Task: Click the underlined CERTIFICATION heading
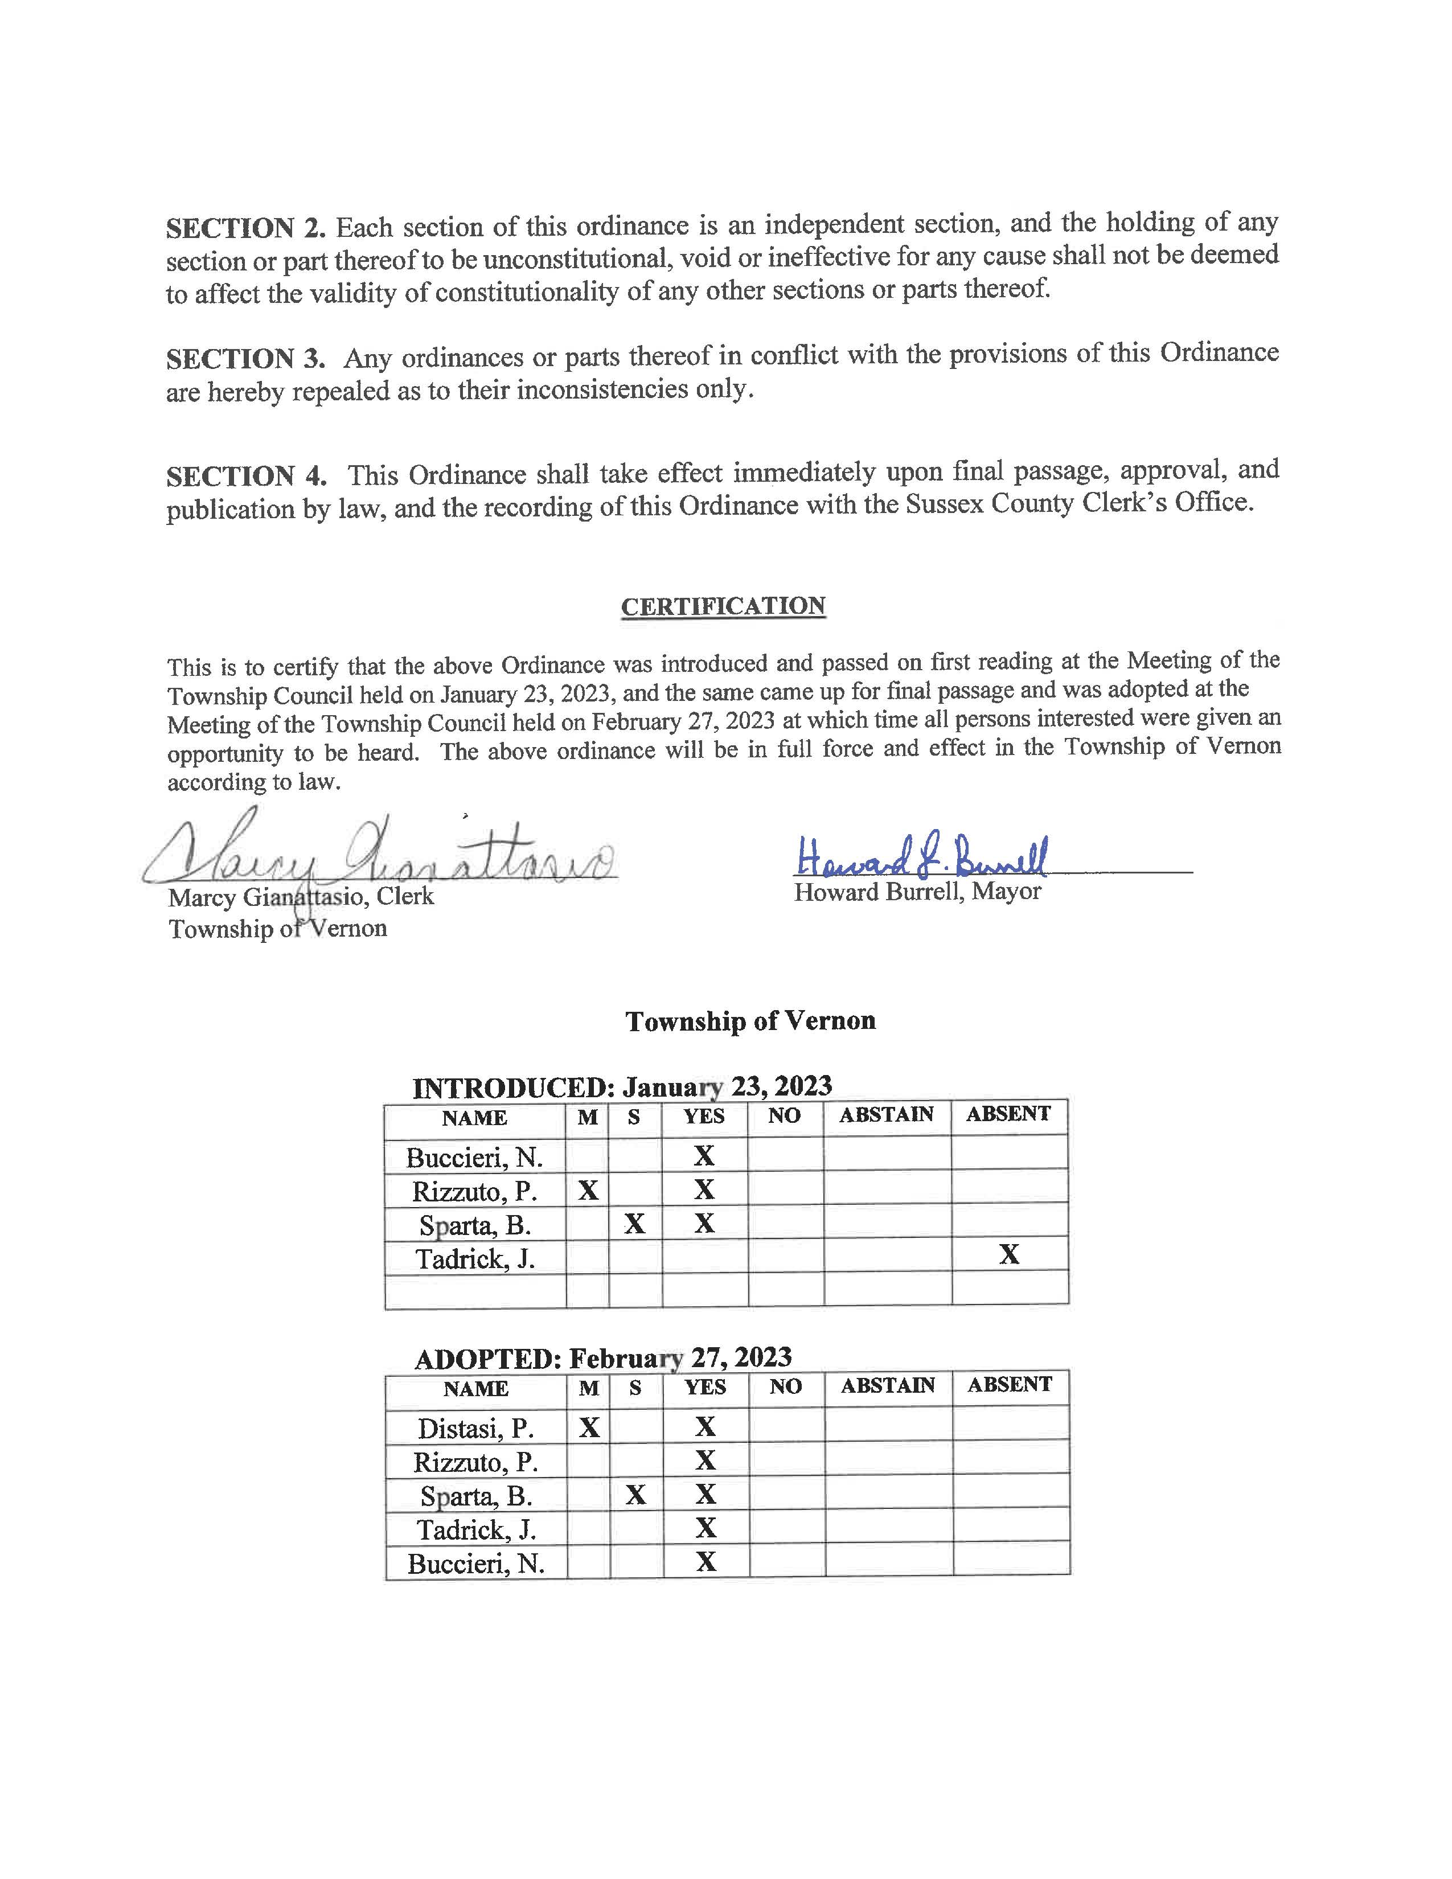click(x=723, y=606)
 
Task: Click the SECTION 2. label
click(x=245, y=228)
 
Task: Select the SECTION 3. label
click(x=245, y=358)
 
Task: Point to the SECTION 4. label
click(x=246, y=476)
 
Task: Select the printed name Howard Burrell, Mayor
click(x=917, y=892)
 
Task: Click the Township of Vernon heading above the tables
click(x=750, y=1021)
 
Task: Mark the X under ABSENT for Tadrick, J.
click(x=1009, y=1256)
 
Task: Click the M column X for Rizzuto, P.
click(x=588, y=1191)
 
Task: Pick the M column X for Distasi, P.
click(x=589, y=1428)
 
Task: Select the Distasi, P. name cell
click(x=475, y=1429)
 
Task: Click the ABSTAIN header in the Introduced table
click(x=886, y=1115)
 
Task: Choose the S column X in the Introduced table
click(x=635, y=1224)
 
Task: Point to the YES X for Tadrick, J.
click(x=706, y=1528)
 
